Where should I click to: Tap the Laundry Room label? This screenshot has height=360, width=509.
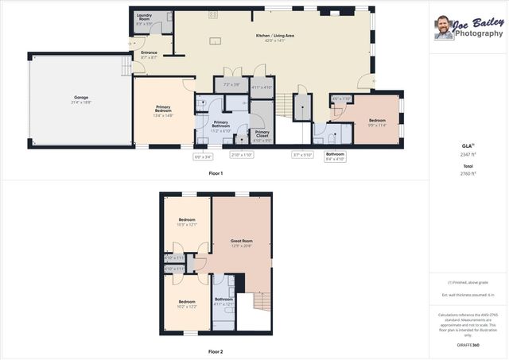pos(144,15)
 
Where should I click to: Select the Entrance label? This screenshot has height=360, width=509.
pos(149,52)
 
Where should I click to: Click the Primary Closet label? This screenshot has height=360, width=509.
pos(262,133)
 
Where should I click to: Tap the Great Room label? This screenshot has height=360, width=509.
pos(241,241)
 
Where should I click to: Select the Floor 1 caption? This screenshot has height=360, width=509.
pos(216,172)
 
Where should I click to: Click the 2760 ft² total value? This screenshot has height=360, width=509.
pos(468,172)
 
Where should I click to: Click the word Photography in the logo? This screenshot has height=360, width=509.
pos(478,35)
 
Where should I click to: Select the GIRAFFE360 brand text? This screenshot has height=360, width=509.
pos(468,346)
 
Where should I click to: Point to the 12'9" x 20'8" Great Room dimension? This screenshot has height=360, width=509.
pos(241,246)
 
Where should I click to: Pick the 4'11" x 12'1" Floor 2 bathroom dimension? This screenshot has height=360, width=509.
pos(223,304)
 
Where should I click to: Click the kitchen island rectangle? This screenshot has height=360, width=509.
pos(215,41)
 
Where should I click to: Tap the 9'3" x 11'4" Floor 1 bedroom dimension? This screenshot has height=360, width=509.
pos(376,125)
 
